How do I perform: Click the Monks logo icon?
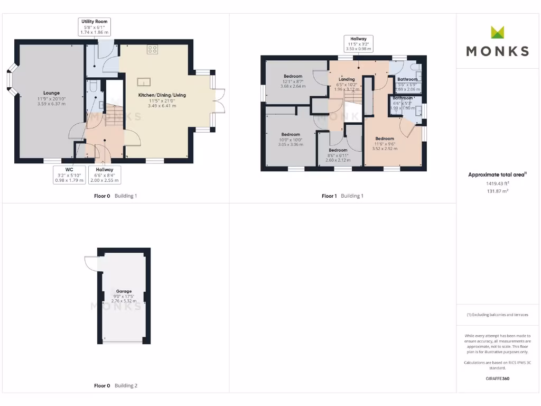coord(498,32)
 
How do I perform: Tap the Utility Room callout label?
coord(95,27)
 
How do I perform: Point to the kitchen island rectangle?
coord(144,82)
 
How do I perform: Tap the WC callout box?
coord(68,175)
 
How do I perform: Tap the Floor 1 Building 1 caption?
coord(342,196)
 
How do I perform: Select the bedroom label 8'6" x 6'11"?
coord(338,153)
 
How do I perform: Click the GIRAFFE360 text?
coord(497,379)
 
